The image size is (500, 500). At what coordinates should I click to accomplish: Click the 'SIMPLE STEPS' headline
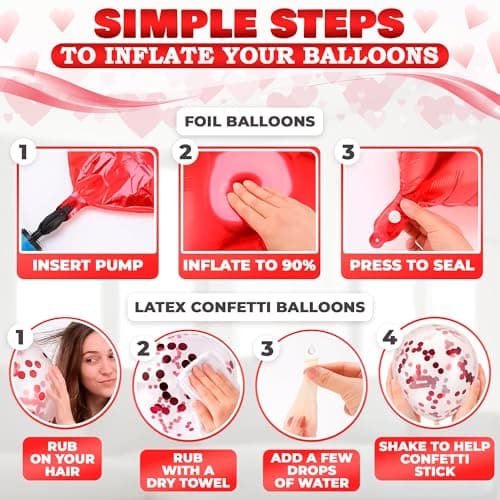(250, 22)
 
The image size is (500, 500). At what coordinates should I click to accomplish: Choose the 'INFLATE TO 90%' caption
(250, 267)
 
